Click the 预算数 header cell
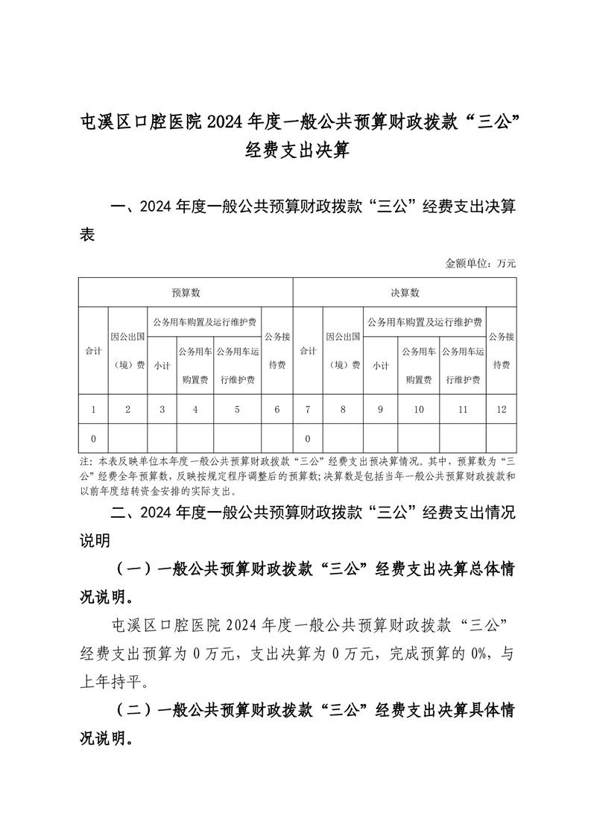pos(186,293)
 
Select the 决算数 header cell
pos(405,293)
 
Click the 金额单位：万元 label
pos(481,263)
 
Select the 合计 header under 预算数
pos(93,350)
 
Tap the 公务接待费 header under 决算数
pos(502,350)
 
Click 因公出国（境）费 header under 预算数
pos(127,350)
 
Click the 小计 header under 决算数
pos(381,365)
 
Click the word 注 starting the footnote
pos(83,462)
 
